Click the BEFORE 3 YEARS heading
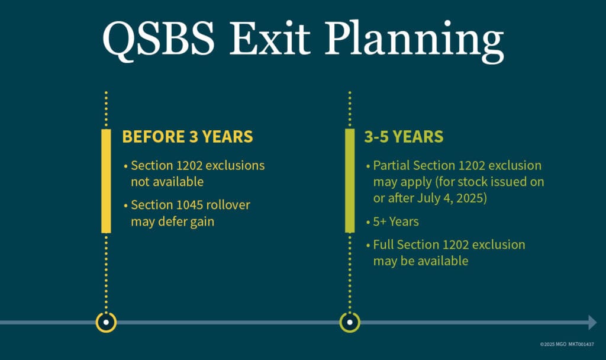[x=187, y=137]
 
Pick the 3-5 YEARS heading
[x=403, y=137]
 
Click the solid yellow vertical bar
[x=106, y=181]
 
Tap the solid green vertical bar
[x=350, y=181]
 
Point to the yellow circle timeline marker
[x=106, y=323]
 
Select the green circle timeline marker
[x=350, y=323]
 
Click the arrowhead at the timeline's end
[x=592, y=323]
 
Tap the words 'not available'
[x=167, y=181]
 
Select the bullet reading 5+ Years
[x=396, y=221]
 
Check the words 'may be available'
[x=420, y=261]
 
